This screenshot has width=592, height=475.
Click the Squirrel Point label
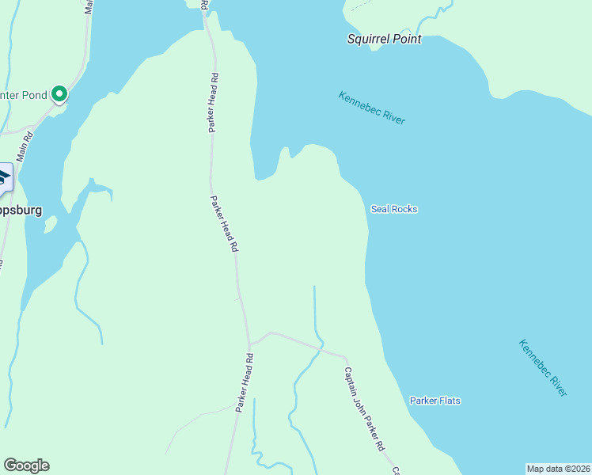click(384, 39)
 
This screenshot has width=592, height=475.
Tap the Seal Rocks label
click(393, 209)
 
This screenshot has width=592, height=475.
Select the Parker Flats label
click(435, 401)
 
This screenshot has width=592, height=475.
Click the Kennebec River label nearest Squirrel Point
click(371, 108)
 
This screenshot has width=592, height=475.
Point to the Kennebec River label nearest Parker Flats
click(543, 368)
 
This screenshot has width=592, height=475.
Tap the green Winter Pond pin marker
click(59, 95)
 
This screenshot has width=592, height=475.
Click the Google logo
click(26, 465)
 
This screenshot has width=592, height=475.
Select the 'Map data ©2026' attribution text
click(558, 469)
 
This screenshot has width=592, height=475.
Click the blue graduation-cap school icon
click(4, 177)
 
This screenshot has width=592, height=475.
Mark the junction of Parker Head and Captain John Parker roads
click(249, 344)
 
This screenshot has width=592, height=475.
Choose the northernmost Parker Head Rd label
click(214, 103)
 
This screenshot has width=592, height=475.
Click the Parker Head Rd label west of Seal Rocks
click(224, 224)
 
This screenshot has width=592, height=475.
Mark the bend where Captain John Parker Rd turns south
click(346, 358)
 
